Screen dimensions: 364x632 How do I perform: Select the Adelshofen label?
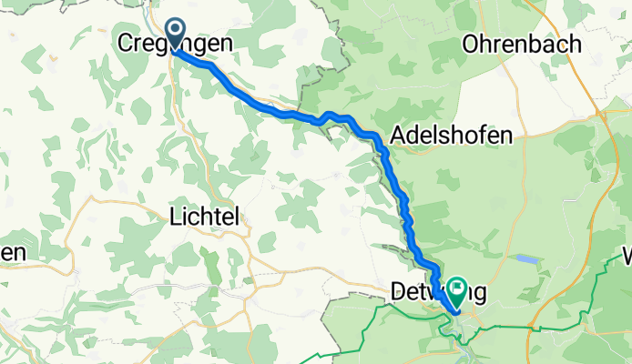(451, 136)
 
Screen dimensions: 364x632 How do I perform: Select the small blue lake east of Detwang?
(527, 258)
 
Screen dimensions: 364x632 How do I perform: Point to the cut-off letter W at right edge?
(626, 255)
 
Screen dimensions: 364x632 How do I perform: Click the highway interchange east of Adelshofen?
(604, 116)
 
